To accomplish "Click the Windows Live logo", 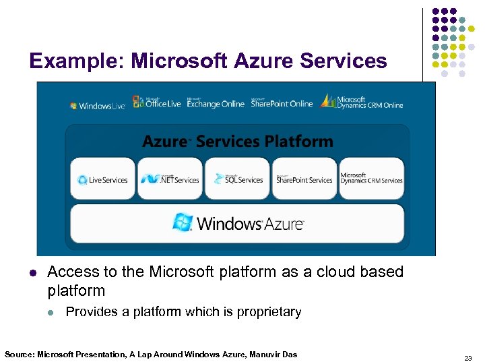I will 98,106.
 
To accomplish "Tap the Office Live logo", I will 156,102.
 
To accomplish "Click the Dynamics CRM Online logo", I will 362,102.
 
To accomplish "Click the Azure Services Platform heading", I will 237,142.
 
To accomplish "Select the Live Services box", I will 102,179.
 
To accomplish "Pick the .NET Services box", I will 170,179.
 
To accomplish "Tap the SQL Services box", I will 237,179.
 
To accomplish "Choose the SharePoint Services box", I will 304,179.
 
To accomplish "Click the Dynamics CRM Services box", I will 372,179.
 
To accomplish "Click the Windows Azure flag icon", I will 182,222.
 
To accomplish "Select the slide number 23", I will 467,358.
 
